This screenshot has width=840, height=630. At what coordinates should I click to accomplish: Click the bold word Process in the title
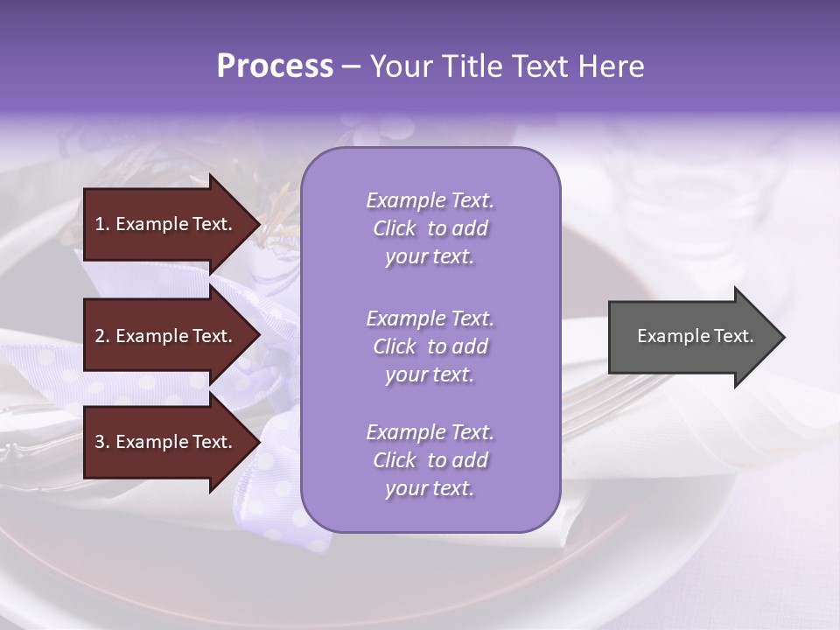point(275,66)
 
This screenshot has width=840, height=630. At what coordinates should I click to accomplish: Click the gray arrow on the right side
point(691,336)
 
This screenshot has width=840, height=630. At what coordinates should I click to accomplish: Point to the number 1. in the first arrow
point(102,224)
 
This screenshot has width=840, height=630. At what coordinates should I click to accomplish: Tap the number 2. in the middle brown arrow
point(102,336)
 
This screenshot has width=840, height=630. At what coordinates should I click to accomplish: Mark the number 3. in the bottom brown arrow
point(102,442)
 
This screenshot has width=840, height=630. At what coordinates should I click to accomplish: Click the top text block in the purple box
point(430,228)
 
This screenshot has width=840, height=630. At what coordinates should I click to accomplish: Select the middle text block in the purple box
point(430,346)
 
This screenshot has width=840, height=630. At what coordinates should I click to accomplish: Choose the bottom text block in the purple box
point(430,460)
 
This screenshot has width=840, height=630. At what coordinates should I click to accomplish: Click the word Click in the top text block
point(395,228)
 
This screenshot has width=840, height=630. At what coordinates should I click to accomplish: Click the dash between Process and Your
point(352,66)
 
